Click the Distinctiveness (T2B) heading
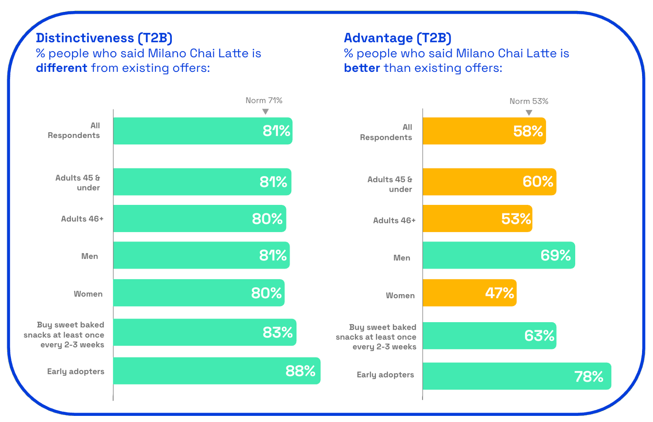(104, 38)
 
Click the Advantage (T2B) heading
(397, 38)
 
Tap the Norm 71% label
(264, 100)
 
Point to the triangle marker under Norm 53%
(529, 113)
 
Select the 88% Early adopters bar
(216, 371)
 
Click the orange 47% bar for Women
(469, 293)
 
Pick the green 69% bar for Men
(498, 255)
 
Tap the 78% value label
(588, 376)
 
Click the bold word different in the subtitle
(62, 68)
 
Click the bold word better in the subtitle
(362, 68)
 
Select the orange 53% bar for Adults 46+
(477, 218)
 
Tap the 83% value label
(278, 333)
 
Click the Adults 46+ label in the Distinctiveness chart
(82, 219)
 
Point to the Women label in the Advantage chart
(400, 295)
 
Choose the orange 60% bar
(489, 182)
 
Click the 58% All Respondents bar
(484, 131)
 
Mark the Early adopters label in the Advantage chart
(385, 375)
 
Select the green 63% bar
(489, 336)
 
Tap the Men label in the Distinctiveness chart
(90, 256)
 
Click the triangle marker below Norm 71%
(265, 112)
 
